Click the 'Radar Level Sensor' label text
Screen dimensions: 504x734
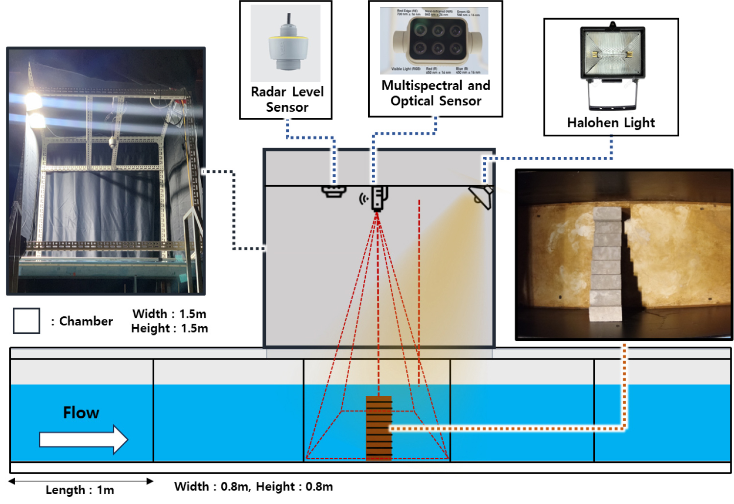click(287, 99)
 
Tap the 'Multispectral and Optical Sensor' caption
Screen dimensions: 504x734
click(436, 93)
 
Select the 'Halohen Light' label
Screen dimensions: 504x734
click(611, 122)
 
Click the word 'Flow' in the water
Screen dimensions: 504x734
click(81, 413)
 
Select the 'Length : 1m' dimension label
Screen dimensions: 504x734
click(80, 490)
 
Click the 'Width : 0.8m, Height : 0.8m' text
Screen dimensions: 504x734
click(254, 486)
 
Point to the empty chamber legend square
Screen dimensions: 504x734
click(26, 321)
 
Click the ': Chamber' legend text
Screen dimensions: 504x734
click(82, 321)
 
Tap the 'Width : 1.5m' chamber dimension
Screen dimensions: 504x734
click(169, 314)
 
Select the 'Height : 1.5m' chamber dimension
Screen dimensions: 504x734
click(169, 328)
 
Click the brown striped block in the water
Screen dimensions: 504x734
click(379, 428)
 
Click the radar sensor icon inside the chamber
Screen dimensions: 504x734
click(334, 192)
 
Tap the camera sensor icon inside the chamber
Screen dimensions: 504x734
click(379, 198)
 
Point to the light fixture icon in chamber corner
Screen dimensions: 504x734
click(481, 196)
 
